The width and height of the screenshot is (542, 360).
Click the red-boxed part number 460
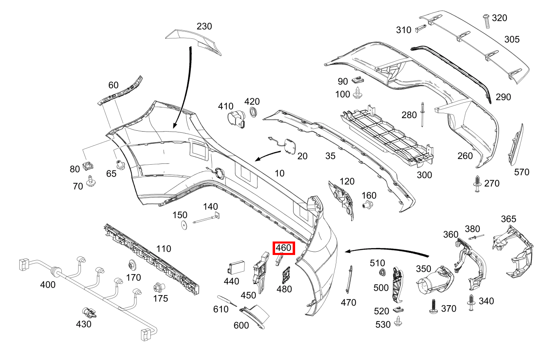point(283,248)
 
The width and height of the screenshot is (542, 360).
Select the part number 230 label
point(204,27)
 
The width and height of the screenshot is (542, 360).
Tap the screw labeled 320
point(486,20)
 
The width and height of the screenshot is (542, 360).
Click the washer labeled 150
point(184,224)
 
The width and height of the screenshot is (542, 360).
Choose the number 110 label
point(163,248)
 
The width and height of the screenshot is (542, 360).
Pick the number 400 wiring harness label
point(48,284)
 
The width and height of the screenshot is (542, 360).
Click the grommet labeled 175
point(157,288)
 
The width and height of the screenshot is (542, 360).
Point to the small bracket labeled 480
point(285,275)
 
